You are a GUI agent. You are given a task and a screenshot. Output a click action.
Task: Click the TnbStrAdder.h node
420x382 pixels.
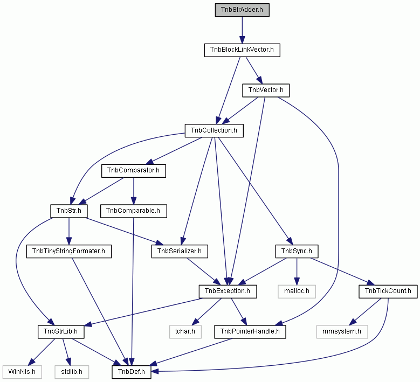242,10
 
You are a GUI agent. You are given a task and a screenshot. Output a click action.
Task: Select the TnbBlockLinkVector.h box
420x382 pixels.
242,50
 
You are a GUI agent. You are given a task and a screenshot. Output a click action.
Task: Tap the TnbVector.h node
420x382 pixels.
266,90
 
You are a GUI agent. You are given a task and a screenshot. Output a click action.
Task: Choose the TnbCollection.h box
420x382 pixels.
214,130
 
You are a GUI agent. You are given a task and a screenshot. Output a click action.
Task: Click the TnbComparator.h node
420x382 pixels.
133,171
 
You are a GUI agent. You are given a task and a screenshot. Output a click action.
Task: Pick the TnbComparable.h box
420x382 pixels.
133,211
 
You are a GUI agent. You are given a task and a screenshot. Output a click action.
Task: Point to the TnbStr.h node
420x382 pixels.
69,211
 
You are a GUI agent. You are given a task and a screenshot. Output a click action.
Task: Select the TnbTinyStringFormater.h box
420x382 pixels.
69,252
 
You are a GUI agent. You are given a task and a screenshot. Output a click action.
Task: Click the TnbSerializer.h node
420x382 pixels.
180,252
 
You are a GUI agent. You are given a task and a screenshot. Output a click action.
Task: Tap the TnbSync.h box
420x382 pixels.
297,252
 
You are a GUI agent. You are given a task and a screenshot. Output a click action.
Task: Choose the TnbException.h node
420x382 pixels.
228,291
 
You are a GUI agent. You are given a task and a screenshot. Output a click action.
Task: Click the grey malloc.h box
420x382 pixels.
297,291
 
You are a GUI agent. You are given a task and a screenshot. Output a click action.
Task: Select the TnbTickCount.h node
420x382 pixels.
388,291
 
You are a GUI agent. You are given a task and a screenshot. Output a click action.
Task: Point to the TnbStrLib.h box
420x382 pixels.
61,332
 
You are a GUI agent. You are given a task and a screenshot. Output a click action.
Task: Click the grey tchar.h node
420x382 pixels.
185,332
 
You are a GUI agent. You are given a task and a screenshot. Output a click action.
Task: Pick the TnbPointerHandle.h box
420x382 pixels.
250,332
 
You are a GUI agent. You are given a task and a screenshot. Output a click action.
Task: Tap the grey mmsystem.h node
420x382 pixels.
342,332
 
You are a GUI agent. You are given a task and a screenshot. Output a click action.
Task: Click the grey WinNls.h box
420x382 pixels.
22,372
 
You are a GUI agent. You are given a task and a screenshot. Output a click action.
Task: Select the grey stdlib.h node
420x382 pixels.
72,372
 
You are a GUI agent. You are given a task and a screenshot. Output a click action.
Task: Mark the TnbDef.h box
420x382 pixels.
131,372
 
